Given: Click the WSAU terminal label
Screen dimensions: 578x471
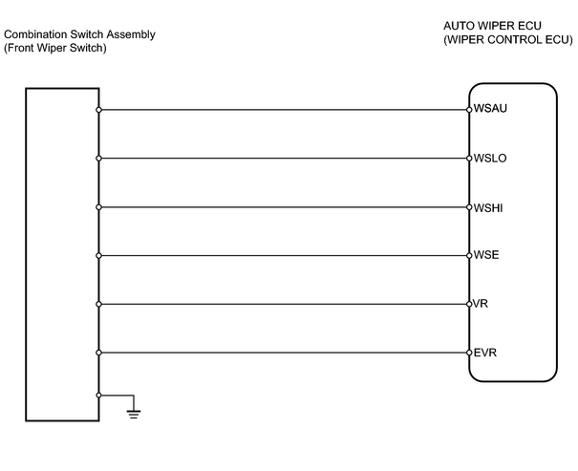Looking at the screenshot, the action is click(x=490, y=108).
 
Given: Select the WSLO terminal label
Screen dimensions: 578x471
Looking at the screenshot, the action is click(x=490, y=158).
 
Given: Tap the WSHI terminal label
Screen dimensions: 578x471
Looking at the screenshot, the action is click(x=488, y=208).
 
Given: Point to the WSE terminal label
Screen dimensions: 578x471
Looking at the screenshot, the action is click(x=486, y=255).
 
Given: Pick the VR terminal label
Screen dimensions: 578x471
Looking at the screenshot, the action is click(x=481, y=304).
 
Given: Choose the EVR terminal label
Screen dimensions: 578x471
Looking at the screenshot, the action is click(x=485, y=353).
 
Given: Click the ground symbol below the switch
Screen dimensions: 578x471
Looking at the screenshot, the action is click(x=134, y=415).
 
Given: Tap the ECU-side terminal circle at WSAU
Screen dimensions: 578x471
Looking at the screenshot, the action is click(x=469, y=110).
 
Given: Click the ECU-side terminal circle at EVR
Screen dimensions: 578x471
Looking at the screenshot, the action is click(x=469, y=353).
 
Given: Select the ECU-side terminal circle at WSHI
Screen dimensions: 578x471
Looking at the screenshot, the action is click(x=469, y=207).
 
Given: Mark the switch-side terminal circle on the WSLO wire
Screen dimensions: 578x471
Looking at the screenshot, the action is click(x=98, y=159).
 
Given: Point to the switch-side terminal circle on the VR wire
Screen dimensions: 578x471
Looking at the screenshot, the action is click(x=98, y=304).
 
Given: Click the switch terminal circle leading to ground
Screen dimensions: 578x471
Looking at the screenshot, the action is click(x=98, y=396).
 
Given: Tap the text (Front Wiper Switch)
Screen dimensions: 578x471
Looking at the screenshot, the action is click(x=55, y=48).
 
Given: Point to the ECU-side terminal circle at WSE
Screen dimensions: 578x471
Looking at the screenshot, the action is click(x=469, y=255).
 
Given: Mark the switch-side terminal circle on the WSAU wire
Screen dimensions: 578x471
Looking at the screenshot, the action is click(x=98, y=110).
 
